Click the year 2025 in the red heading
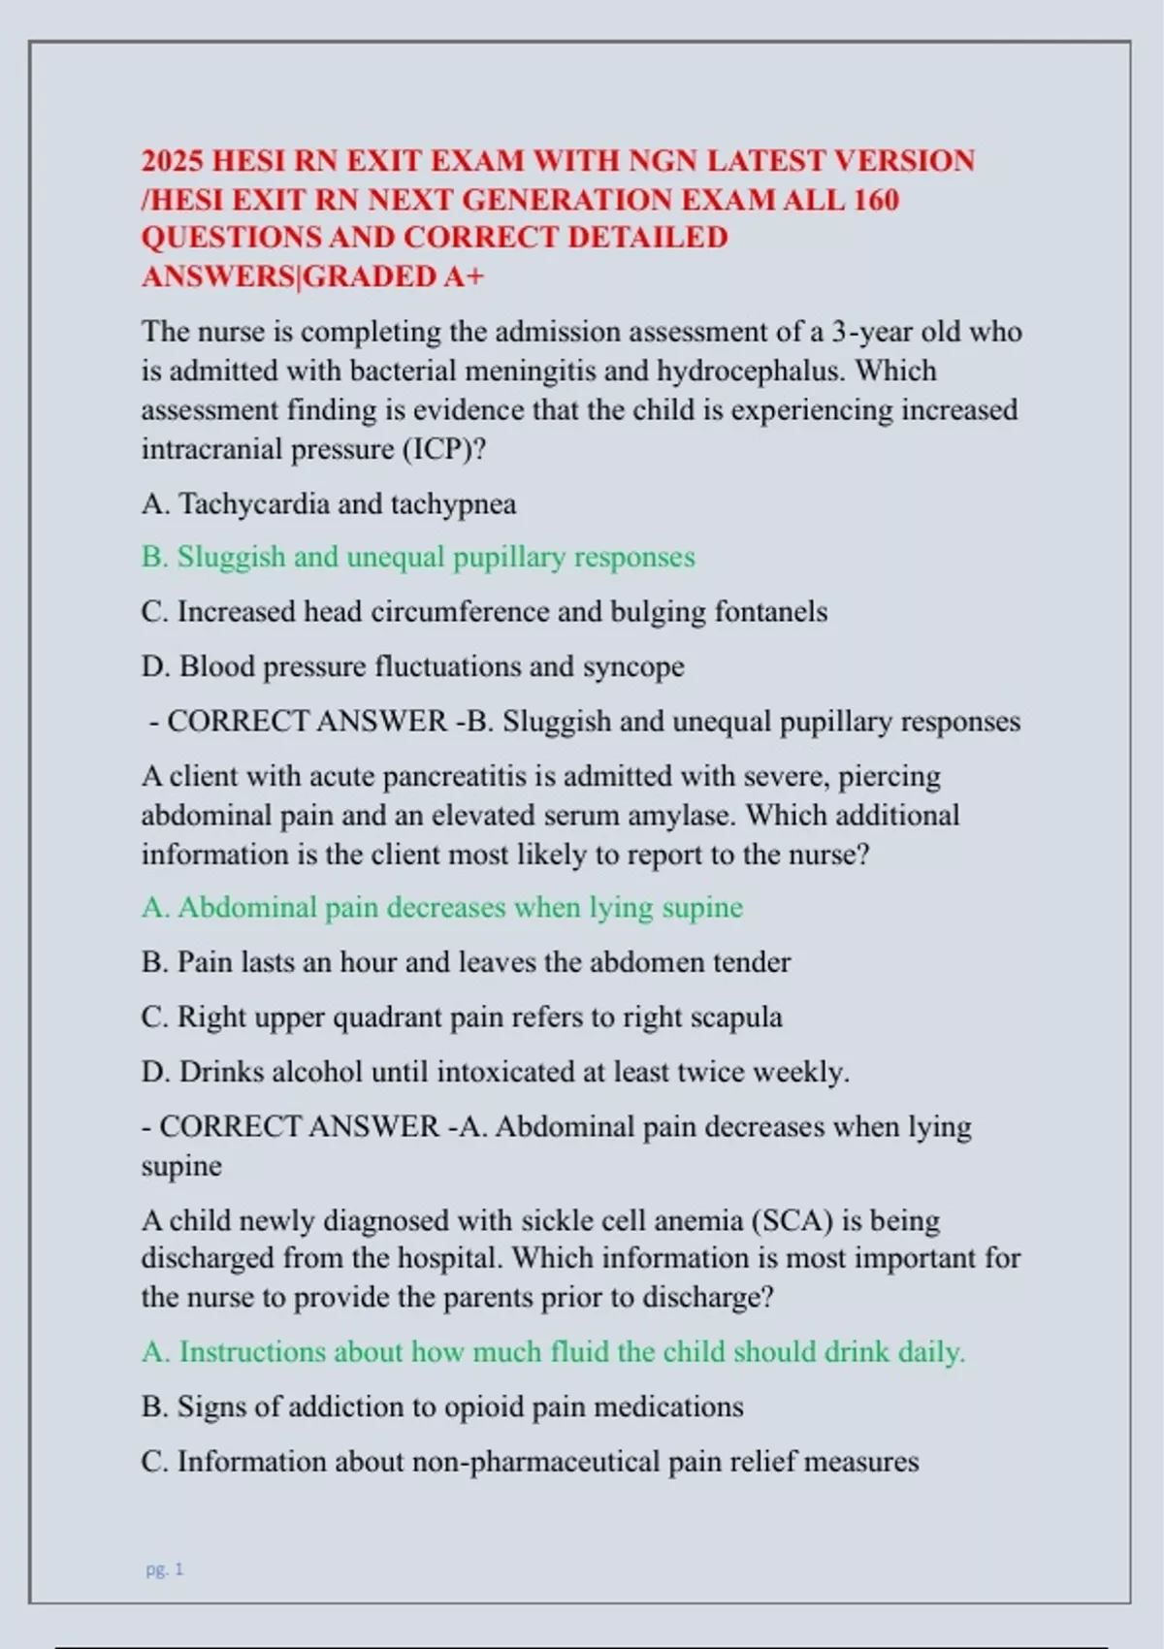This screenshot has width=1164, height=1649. tap(171, 161)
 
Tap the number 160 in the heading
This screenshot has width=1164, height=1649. tap(876, 200)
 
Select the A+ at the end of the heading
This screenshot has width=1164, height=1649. tap(463, 276)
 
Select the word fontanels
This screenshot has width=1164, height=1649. tap(771, 612)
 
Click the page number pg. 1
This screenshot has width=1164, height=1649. tap(165, 1569)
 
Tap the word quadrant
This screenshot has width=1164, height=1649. tap(378, 1018)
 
